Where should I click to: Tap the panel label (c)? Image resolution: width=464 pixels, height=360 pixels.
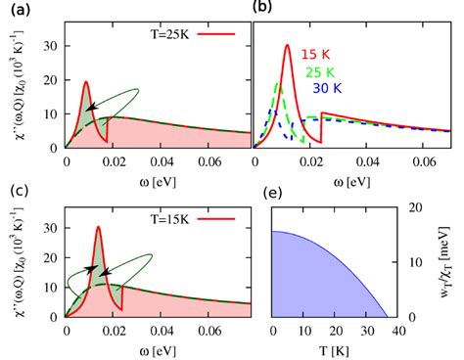(14, 190)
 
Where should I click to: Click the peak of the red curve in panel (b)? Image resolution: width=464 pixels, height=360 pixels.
(287, 45)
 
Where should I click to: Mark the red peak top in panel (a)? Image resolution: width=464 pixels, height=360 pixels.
(85, 81)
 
